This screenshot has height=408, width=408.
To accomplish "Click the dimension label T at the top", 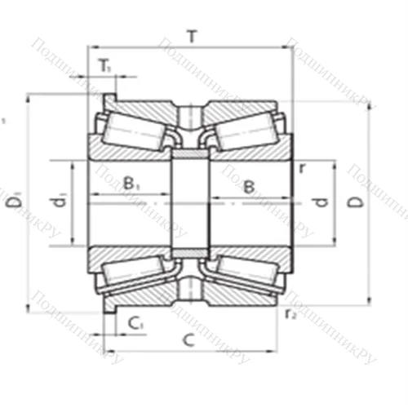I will [x=192, y=36].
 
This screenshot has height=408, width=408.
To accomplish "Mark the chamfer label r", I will [x=302, y=169].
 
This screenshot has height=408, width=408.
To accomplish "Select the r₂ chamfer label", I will [x=290, y=313].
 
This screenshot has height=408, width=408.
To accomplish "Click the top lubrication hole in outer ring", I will [x=190, y=114].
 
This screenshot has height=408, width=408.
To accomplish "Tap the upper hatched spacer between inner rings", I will [x=190, y=153].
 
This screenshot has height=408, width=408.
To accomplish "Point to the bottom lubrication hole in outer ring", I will [x=190, y=288].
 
